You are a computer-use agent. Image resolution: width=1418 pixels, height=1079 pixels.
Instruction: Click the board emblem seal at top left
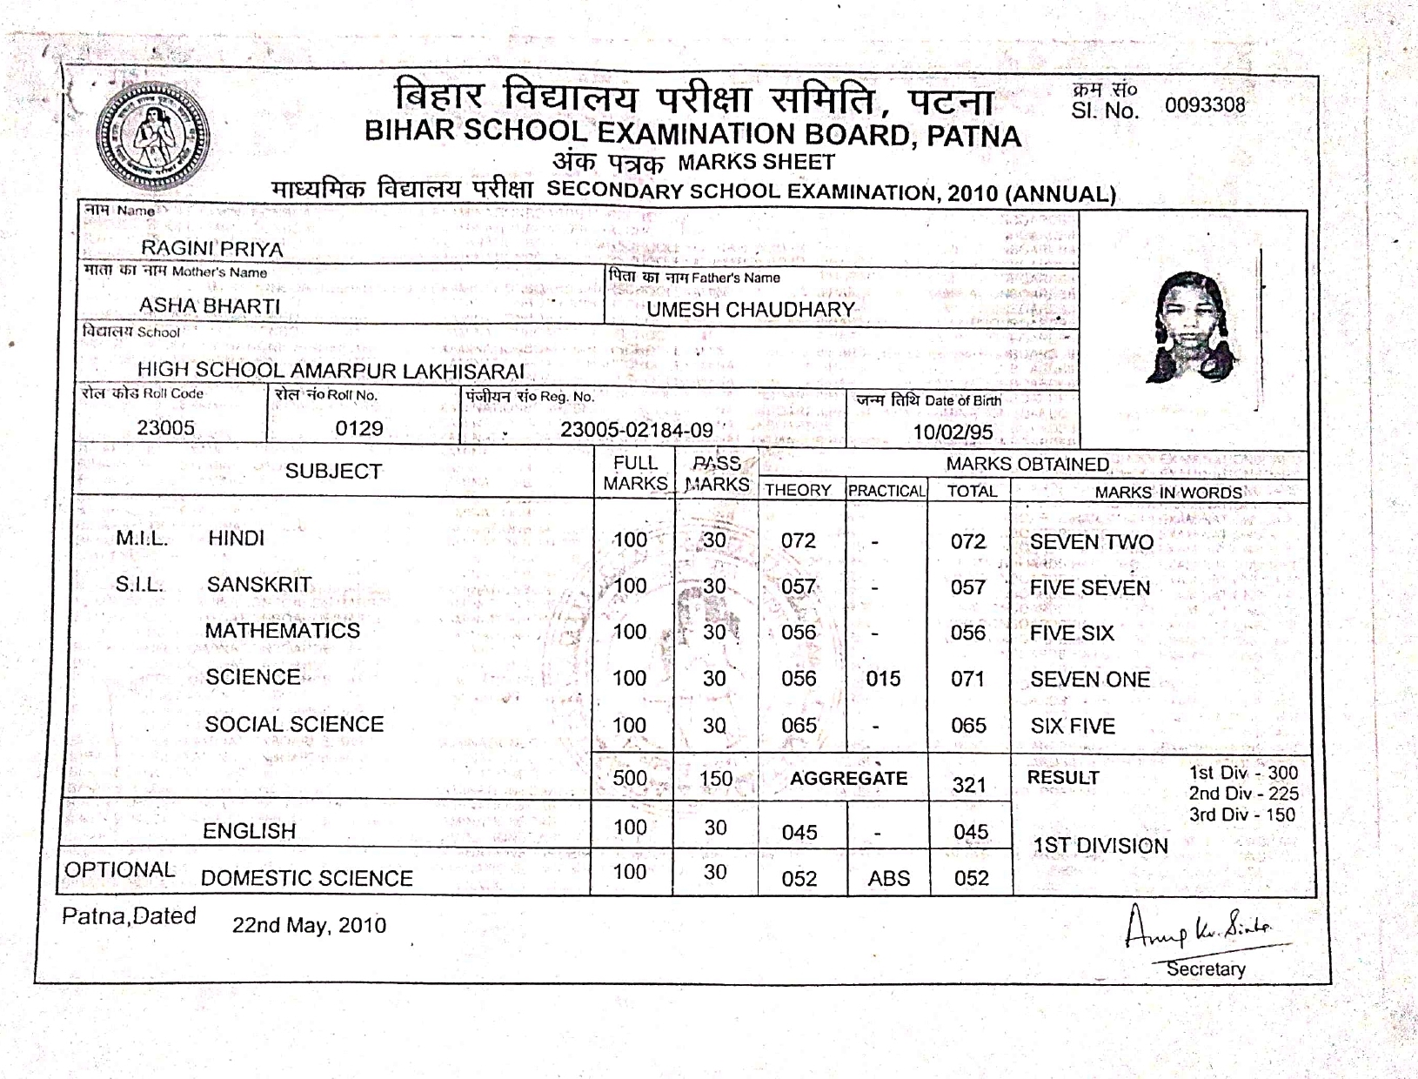152,139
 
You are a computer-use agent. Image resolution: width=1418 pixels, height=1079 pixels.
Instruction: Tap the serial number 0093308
1205,106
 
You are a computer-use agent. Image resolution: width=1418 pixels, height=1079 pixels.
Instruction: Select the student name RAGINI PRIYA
212,249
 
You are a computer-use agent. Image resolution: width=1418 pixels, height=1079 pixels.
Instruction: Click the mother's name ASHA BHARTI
210,306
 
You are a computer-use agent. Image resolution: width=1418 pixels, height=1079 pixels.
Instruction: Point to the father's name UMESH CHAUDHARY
751,310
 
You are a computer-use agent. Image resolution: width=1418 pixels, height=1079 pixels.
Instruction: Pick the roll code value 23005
165,428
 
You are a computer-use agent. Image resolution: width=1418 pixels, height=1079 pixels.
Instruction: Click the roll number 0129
359,428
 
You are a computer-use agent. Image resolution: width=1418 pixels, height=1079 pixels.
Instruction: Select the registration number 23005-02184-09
636,430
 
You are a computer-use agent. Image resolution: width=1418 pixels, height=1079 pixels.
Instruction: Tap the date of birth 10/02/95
953,432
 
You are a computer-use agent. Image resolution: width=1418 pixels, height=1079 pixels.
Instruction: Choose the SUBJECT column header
333,472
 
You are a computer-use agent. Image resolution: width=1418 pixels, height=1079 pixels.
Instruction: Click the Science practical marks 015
883,679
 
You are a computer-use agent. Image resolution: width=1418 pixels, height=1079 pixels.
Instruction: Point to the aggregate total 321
968,785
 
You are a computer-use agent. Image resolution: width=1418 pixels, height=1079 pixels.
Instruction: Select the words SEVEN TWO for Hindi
1092,542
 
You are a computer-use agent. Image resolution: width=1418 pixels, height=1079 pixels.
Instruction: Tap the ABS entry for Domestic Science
888,878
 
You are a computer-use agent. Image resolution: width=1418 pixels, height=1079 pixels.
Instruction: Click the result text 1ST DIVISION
1100,846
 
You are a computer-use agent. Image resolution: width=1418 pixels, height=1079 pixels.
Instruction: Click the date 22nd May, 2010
309,925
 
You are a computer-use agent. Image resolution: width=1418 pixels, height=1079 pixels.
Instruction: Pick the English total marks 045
970,832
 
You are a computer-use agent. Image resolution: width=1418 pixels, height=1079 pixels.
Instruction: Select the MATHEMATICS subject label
282,631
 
